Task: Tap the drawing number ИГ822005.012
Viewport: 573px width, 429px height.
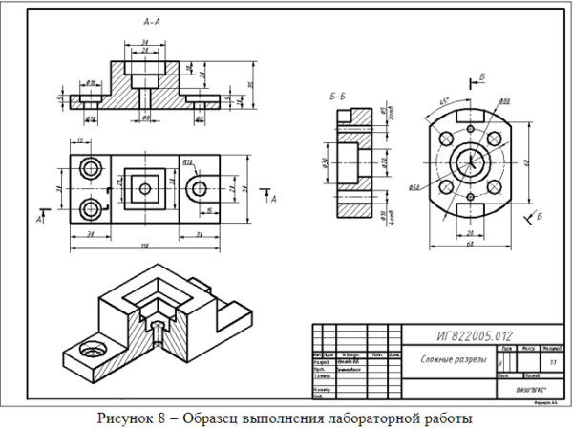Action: (x=472, y=334)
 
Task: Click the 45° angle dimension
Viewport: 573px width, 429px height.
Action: (x=445, y=100)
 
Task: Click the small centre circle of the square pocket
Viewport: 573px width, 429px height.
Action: (x=144, y=189)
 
